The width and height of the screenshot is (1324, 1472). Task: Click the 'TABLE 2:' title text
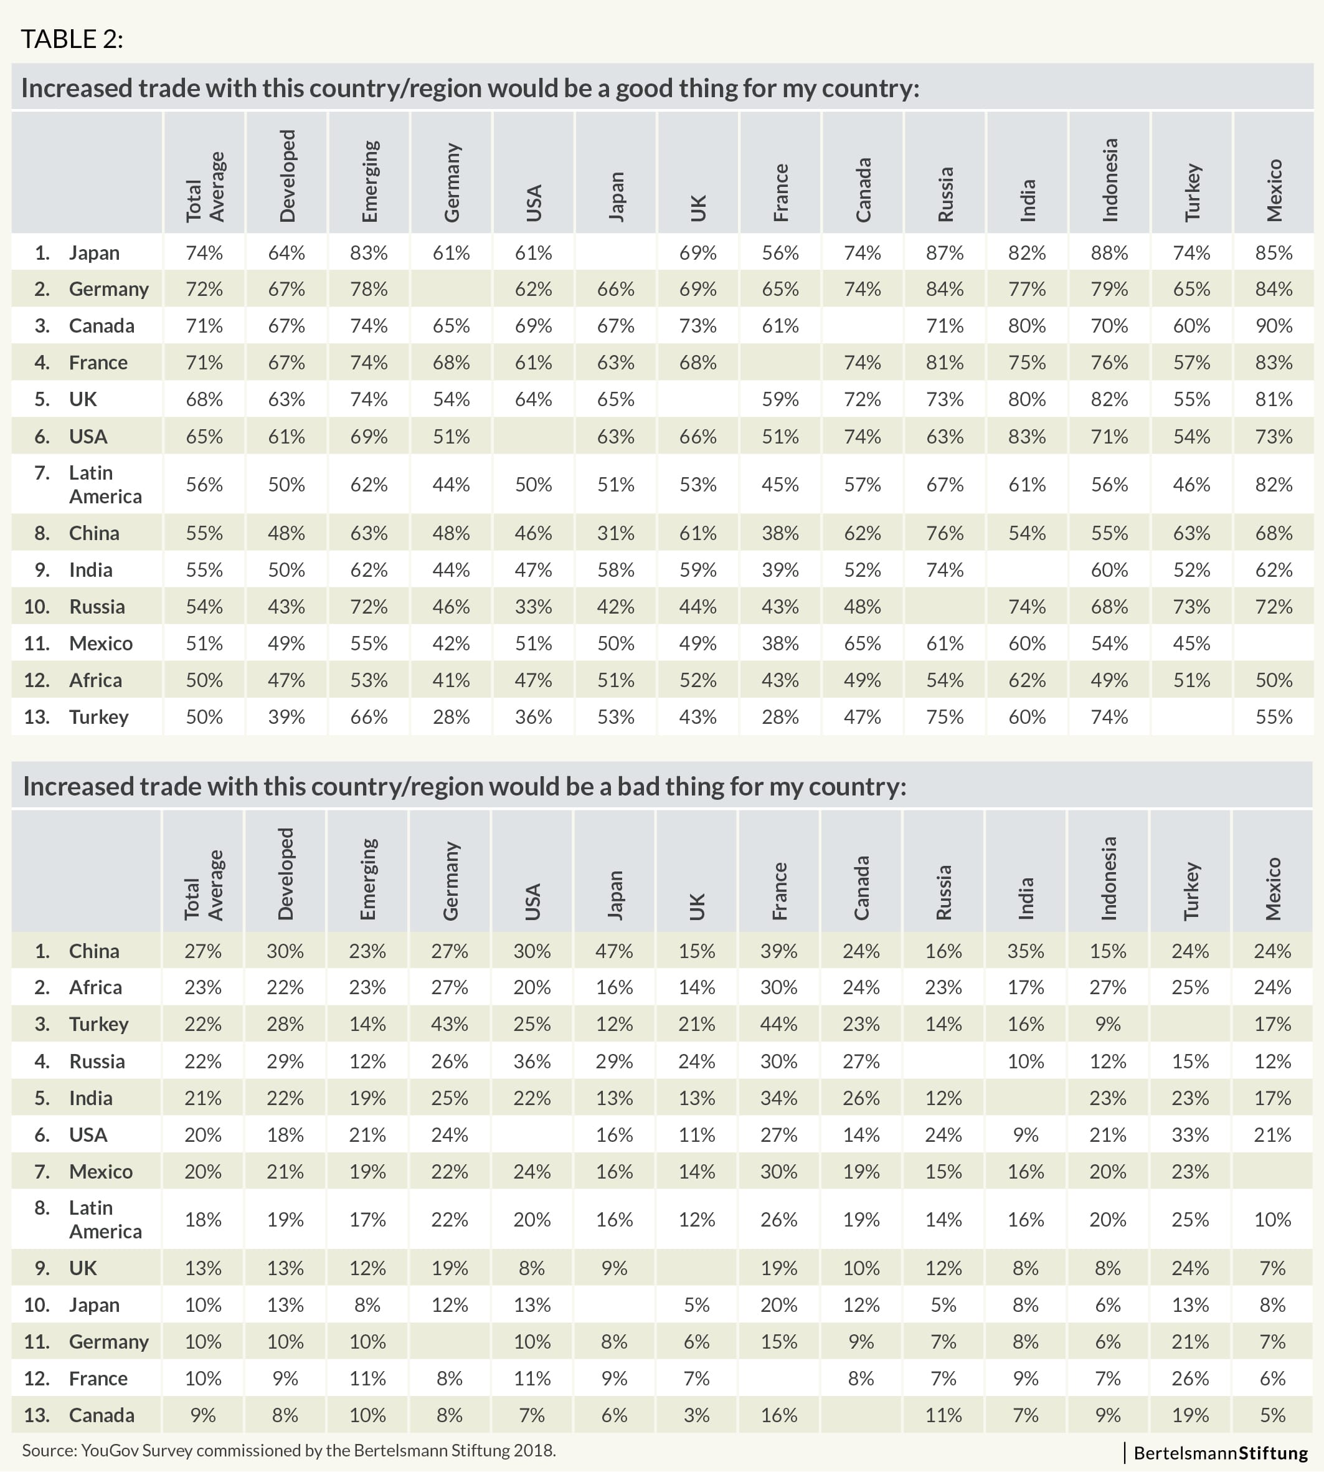(x=72, y=39)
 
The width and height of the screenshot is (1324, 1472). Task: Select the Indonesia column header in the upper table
(x=1109, y=180)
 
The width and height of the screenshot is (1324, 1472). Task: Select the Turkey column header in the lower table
(x=1190, y=891)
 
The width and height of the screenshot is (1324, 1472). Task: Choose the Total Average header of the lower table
(x=203, y=885)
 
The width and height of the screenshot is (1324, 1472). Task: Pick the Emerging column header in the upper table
(x=369, y=181)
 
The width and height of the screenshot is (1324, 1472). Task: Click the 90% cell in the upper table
(x=1274, y=325)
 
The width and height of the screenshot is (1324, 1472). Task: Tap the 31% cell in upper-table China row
(x=615, y=533)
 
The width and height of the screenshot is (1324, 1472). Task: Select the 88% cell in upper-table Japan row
(x=1109, y=252)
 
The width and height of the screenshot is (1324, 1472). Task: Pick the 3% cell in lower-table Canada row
(x=696, y=1415)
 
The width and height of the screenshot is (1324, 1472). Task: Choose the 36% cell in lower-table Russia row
(x=532, y=1061)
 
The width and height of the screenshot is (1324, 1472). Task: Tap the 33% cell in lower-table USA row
(x=1190, y=1134)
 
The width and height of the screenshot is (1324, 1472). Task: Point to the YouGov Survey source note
(x=289, y=1450)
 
